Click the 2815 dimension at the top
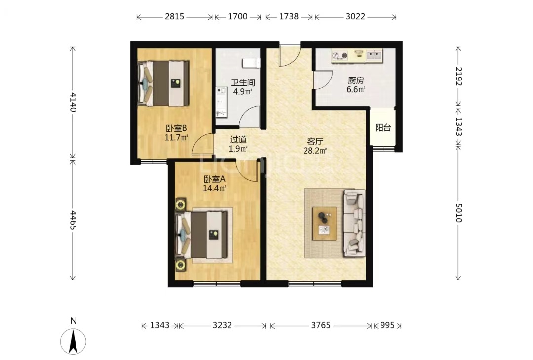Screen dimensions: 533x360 tap(174, 16)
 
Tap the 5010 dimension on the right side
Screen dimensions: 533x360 tap(458, 213)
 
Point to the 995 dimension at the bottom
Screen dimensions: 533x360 tap(387, 325)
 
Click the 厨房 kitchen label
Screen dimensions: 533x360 tap(356, 80)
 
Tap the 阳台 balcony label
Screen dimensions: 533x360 tap(383, 128)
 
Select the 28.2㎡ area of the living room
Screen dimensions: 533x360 tap(315, 151)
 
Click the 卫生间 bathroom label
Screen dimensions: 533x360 tap(243, 82)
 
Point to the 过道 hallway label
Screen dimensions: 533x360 tap(238, 140)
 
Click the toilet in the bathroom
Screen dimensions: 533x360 tap(251, 63)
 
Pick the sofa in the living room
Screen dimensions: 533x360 tap(354, 223)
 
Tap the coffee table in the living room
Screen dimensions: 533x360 tap(325, 224)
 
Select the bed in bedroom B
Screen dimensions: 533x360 tap(163, 83)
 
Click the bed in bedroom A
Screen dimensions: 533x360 tap(201, 235)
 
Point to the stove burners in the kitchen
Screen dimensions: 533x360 tap(340, 55)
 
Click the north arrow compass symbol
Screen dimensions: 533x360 tap(73, 341)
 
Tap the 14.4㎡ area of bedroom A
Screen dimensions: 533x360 tap(215, 188)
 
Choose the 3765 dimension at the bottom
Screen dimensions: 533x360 tap(321, 325)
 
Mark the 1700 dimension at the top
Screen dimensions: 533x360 tap(237, 16)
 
